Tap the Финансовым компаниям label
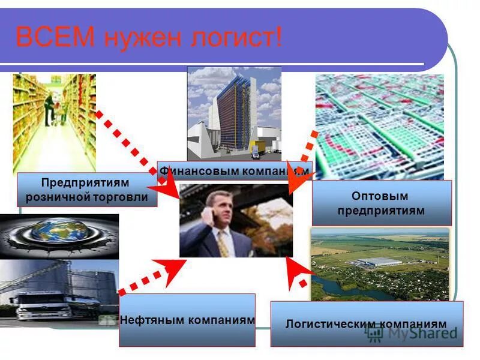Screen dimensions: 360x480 [x=234, y=171]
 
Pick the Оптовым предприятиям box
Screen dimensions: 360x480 [x=381, y=203]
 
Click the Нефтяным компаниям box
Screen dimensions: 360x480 [x=187, y=320]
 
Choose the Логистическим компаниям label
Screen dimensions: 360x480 [x=366, y=324]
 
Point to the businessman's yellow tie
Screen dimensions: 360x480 [x=224, y=243]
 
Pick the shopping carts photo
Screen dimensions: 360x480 [x=379, y=126]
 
